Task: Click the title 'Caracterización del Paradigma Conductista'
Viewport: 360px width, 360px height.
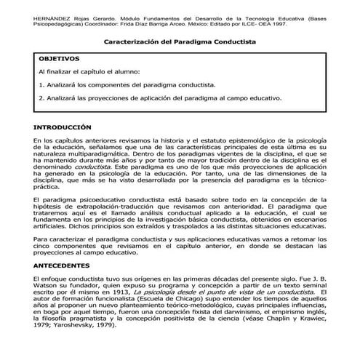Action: pyautogui.click(x=180, y=43)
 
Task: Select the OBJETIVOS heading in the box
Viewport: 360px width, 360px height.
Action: pyautogui.click(x=60, y=57)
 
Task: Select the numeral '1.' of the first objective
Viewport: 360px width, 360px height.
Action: pyautogui.click(x=41, y=85)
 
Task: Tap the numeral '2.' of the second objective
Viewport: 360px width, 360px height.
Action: pyautogui.click(x=41, y=97)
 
